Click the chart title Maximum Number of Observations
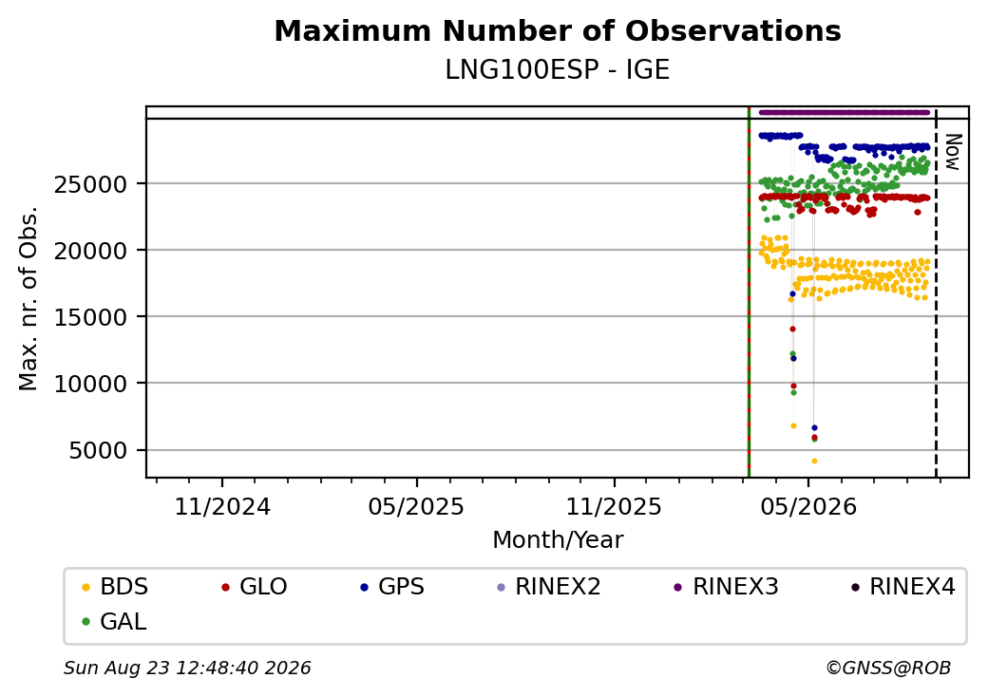pyautogui.click(x=558, y=30)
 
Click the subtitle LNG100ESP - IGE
pyautogui.click(x=557, y=70)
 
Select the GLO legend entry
pyautogui.click(x=255, y=587)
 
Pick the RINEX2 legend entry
pyautogui.click(x=548, y=587)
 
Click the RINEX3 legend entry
pyautogui.click(x=726, y=587)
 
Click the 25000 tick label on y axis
pyautogui.click(x=91, y=185)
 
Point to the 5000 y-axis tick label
pyautogui.click(x=98, y=451)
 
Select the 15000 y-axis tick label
pyautogui.click(x=91, y=317)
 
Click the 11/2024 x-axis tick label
pyautogui.click(x=222, y=507)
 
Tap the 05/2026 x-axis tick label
pyautogui.click(x=808, y=507)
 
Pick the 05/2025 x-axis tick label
pyautogui.click(x=416, y=507)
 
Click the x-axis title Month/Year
pyautogui.click(x=558, y=540)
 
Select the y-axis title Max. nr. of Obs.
pyautogui.click(x=28, y=298)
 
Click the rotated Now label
pyautogui.click(x=952, y=152)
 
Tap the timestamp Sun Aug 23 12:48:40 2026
pyautogui.click(x=187, y=668)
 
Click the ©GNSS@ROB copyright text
pyautogui.click(x=888, y=668)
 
